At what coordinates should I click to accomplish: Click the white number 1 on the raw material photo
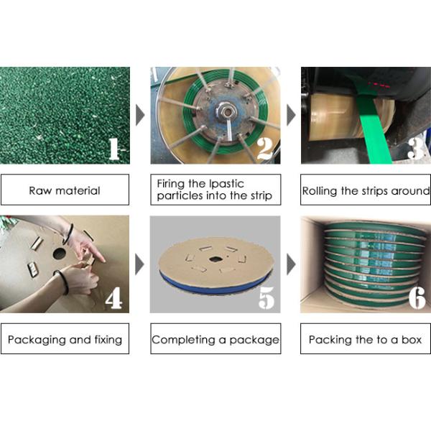click(114, 149)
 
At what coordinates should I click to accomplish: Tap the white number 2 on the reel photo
click(265, 149)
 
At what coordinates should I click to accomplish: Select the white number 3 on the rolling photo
click(415, 148)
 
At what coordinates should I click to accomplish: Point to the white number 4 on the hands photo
click(113, 298)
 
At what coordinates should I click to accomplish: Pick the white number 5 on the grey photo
click(267, 298)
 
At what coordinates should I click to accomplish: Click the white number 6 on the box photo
click(417, 298)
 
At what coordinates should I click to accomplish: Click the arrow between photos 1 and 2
click(140, 115)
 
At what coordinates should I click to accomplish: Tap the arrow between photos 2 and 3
click(291, 115)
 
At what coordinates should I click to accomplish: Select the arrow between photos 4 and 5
click(139, 264)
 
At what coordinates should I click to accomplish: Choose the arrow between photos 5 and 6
click(291, 264)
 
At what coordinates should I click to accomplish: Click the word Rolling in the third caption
click(320, 191)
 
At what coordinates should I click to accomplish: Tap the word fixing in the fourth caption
click(108, 340)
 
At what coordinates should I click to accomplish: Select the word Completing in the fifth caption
click(184, 340)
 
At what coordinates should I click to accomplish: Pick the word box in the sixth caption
click(412, 340)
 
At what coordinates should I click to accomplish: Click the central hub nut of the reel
click(226, 112)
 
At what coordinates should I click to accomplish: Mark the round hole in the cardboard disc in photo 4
click(60, 254)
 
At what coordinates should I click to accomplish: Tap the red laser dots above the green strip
click(379, 84)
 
